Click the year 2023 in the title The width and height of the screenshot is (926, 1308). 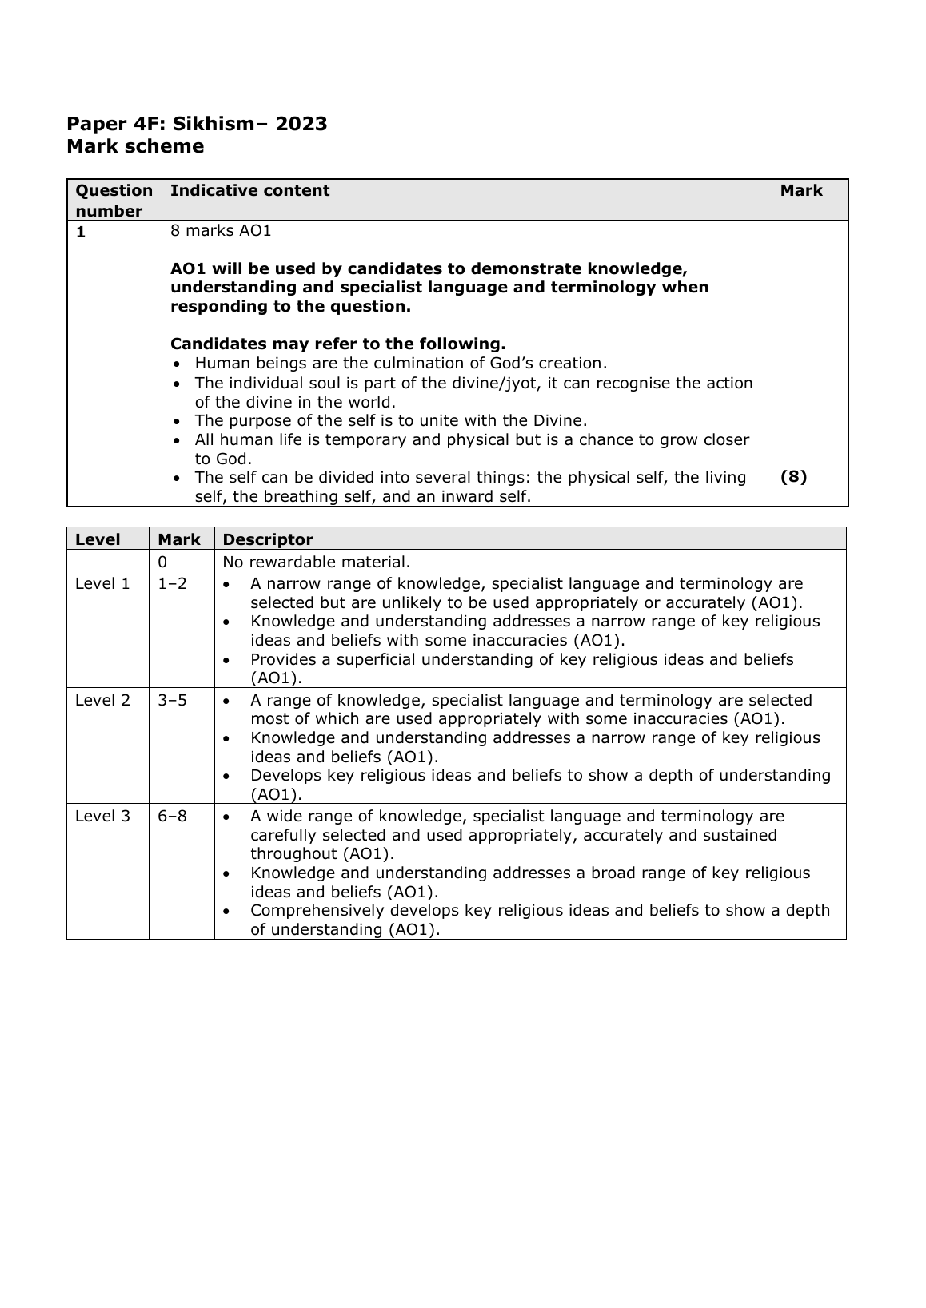(301, 124)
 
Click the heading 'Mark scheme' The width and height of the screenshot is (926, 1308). (135, 147)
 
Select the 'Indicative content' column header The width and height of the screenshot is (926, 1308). (249, 191)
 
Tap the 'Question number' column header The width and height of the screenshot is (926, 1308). (114, 201)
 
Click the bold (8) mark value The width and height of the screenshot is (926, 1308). (793, 477)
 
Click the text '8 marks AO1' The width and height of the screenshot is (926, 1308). (221, 231)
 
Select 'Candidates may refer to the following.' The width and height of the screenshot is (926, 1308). (337, 344)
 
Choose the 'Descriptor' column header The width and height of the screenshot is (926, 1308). (268, 539)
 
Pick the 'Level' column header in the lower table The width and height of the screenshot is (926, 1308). (98, 539)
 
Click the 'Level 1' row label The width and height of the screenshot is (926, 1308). (102, 584)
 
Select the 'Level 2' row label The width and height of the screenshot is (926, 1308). (102, 701)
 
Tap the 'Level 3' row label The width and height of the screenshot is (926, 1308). (102, 817)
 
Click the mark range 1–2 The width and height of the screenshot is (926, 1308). (172, 584)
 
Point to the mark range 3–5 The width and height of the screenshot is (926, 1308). (172, 701)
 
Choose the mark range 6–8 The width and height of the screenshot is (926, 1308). (172, 817)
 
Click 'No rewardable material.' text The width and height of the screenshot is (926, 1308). (317, 562)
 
